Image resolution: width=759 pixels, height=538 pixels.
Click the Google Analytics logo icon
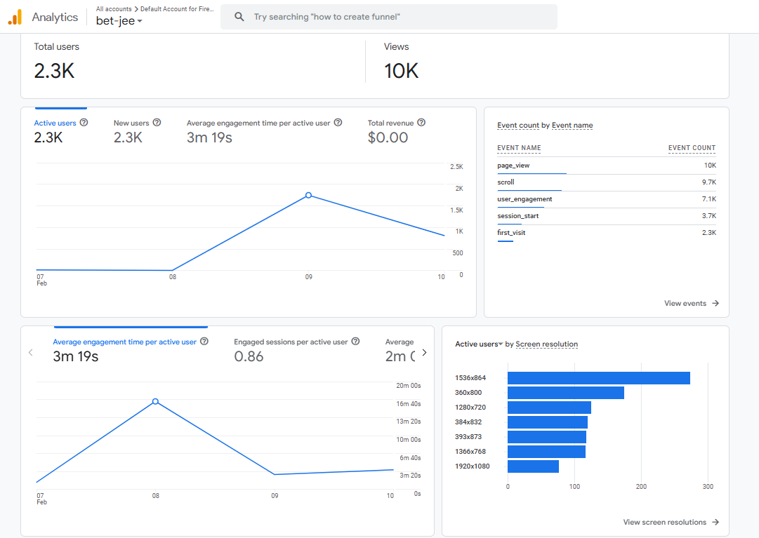pos(15,18)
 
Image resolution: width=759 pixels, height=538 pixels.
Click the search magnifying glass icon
pos(239,17)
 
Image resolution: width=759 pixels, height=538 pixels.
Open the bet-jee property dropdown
pos(119,21)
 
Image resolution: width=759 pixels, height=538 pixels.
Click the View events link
pos(692,303)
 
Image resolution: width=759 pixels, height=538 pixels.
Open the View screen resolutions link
pos(671,522)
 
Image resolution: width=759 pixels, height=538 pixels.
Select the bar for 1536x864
pos(598,378)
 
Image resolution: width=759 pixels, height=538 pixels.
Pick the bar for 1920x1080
pos(533,466)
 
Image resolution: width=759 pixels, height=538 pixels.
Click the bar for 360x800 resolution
pos(565,393)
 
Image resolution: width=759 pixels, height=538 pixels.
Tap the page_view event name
pos(513,166)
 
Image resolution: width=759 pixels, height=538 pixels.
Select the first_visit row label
pos(511,232)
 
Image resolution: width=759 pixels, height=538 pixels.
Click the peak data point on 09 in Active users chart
pos(308,195)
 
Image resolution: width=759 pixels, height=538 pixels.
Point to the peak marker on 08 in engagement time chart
pos(155,402)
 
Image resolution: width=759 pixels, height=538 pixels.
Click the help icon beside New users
pos(157,123)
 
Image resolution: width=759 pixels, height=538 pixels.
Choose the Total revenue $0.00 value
pos(388,137)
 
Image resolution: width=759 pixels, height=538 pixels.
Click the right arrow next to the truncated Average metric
pos(424,353)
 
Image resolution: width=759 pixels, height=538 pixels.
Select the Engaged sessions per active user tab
pos(291,342)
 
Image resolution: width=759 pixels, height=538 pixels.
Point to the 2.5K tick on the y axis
pos(456,167)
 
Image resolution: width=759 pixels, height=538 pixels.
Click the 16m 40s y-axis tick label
pos(409,403)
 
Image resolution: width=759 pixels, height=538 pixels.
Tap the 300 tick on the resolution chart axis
pos(708,486)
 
